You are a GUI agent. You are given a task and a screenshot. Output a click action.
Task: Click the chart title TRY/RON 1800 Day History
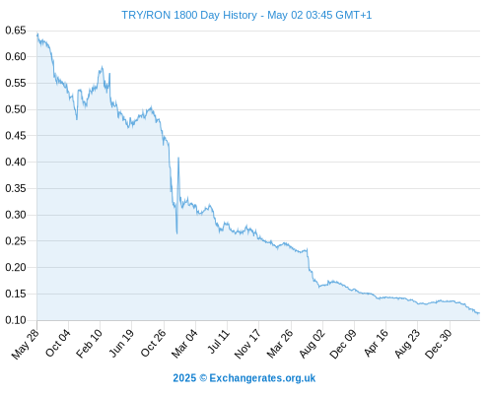[x=189, y=15]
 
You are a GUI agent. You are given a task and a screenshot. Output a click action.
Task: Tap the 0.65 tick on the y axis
[x=16, y=31]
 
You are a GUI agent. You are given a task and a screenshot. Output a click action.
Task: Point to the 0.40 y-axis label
[x=16, y=162]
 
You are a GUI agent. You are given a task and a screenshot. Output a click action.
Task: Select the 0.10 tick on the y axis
[x=16, y=320]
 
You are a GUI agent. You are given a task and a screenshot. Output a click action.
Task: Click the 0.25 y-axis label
[x=16, y=241]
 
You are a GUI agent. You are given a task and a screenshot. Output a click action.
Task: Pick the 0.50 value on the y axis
[x=16, y=109]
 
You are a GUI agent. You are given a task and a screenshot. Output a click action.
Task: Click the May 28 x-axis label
[x=26, y=344]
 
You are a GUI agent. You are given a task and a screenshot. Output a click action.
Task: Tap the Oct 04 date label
[x=58, y=344]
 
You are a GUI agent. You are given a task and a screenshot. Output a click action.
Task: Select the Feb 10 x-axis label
[x=90, y=344]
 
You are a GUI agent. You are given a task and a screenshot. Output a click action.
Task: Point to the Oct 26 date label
[x=154, y=344]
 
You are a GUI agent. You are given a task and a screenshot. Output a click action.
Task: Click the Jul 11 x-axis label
[x=219, y=342]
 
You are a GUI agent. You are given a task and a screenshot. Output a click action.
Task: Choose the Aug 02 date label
[x=313, y=344]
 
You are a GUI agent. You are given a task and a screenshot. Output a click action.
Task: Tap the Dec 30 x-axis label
[x=439, y=344]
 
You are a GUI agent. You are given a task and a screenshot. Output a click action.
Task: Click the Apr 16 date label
[x=377, y=343]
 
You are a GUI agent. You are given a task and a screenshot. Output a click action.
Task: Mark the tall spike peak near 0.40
[x=178, y=158]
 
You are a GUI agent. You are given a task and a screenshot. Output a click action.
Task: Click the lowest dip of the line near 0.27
[x=176, y=233]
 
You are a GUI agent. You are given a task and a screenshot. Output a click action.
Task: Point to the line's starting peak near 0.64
[x=37, y=33]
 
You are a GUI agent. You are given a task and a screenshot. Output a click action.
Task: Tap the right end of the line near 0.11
[x=479, y=313]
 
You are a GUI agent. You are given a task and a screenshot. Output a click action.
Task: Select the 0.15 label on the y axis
[x=16, y=294]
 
